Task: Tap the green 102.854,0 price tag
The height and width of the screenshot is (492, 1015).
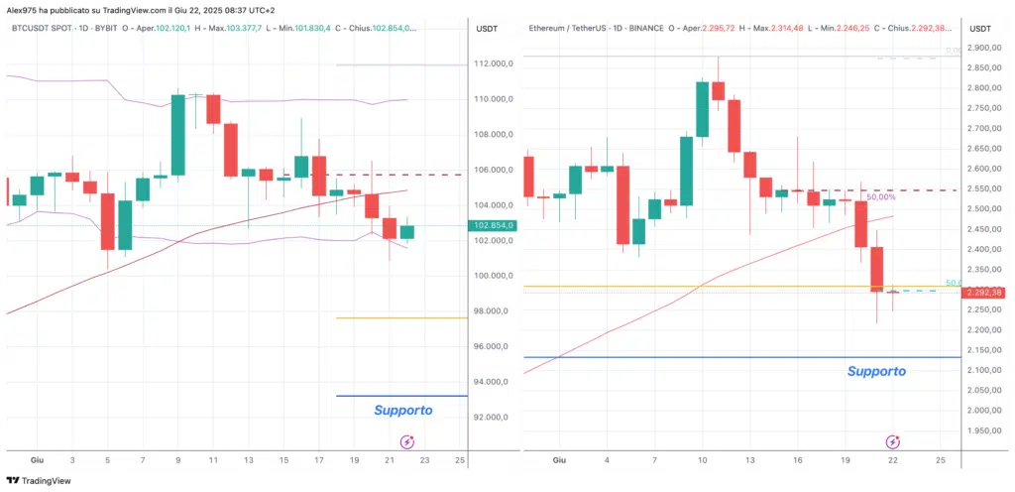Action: pyautogui.click(x=493, y=225)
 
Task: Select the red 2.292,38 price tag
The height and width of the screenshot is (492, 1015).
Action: pyautogui.click(x=983, y=292)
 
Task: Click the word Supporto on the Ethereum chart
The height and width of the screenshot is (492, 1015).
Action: pyautogui.click(x=876, y=371)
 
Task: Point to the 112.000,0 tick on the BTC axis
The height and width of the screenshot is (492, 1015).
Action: pyautogui.click(x=493, y=63)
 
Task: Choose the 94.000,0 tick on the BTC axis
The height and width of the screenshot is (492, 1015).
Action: pyautogui.click(x=493, y=382)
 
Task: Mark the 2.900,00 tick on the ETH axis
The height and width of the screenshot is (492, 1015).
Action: pyautogui.click(x=983, y=48)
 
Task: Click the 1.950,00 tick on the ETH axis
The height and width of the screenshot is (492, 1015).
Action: pyautogui.click(x=983, y=431)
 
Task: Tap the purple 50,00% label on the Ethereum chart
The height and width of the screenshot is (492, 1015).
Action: pyautogui.click(x=880, y=197)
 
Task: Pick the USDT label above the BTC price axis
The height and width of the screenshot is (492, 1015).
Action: pyautogui.click(x=487, y=28)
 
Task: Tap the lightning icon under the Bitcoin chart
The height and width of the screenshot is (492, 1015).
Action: pyautogui.click(x=406, y=441)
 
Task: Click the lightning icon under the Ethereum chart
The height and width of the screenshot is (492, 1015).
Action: pyautogui.click(x=893, y=441)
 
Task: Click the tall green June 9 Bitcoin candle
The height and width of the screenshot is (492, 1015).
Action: pyautogui.click(x=178, y=135)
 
